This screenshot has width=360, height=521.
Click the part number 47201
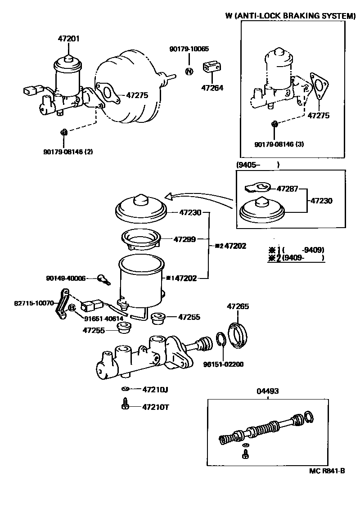[x=69, y=39]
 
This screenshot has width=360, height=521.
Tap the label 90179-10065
[x=189, y=49]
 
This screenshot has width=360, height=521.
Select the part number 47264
[x=212, y=88]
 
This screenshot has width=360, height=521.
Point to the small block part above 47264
[x=212, y=67]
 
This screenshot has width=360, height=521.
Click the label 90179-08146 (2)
[x=68, y=152]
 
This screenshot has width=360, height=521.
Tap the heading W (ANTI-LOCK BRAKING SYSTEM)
[x=290, y=16]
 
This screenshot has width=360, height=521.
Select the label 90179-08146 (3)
[x=279, y=144]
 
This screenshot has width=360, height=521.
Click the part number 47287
[x=288, y=189]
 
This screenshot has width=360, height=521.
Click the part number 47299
[x=184, y=239]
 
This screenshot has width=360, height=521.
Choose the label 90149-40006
[x=66, y=278]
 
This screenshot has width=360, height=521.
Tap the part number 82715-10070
[x=34, y=303]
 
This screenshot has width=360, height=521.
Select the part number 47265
[x=238, y=306]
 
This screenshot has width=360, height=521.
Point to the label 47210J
[x=155, y=390]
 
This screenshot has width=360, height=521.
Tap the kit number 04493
[x=268, y=391]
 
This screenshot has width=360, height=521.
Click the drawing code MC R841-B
[x=327, y=471]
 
